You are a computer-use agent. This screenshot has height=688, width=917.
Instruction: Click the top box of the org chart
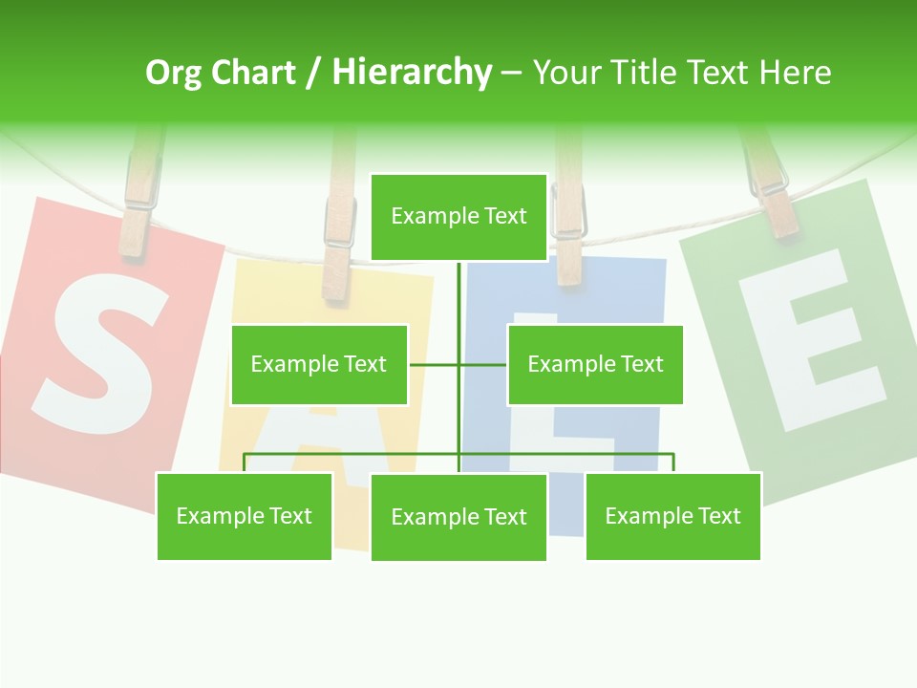click(458, 216)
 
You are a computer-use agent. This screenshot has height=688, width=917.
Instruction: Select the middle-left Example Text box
click(319, 364)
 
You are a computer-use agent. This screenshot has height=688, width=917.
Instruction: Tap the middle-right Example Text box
click(595, 364)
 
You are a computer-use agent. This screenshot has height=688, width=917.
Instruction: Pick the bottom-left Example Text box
click(245, 516)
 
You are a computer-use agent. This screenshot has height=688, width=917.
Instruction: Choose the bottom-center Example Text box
click(458, 517)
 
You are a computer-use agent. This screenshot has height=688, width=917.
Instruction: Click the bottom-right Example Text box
click(673, 516)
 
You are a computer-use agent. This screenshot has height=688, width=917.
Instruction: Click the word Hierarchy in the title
click(412, 73)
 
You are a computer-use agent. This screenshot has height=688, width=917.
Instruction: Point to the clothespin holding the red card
click(139, 205)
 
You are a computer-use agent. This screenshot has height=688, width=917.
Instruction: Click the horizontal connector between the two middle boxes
click(458, 364)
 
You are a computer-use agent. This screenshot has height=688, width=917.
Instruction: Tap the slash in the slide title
click(313, 73)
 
